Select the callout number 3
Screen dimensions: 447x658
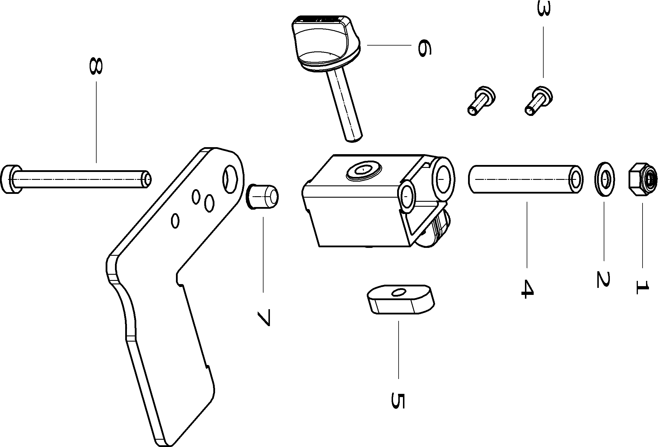(x=543, y=13)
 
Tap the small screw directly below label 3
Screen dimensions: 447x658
(x=538, y=101)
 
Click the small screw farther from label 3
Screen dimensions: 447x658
(x=481, y=101)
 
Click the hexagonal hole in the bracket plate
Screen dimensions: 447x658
(x=231, y=178)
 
